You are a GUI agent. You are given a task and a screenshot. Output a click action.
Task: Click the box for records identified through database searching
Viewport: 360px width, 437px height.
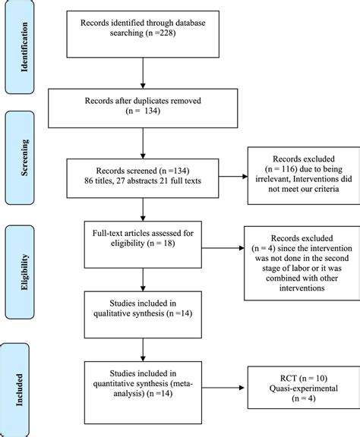pyautogui.click(x=144, y=35)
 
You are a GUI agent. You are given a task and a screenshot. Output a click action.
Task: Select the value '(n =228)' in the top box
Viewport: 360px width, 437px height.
pyautogui.click(x=159, y=42)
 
